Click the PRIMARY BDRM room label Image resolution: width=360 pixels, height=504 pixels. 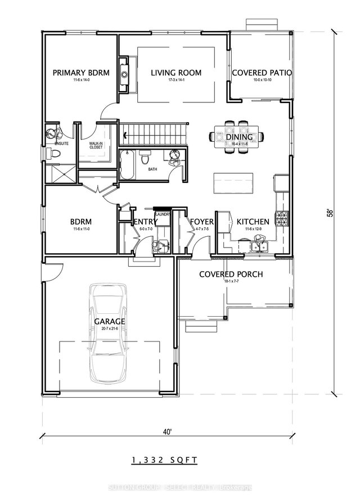(x=80, y=73)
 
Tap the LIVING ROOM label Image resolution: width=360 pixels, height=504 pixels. (x=175, y=73)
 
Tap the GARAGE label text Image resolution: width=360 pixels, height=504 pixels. (x=109, y=321)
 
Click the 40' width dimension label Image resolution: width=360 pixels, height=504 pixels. (x=166, y=433)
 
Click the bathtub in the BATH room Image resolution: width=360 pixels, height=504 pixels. (x=127, y=165)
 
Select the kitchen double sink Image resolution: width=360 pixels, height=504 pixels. (x=260, y=243)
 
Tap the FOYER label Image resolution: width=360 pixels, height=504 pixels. (x=201, y=222)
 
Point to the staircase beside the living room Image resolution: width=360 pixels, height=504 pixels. (x=156, y=134)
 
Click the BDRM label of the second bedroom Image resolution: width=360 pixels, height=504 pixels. (x=80, y=222)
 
